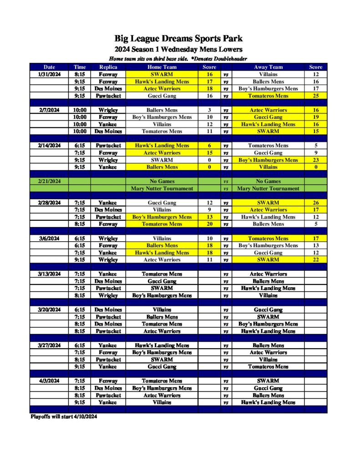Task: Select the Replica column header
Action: tap(108, 67)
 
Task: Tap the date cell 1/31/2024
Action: tap(49, 74)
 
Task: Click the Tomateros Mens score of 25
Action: tap(315, 96)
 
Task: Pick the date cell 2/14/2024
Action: tap(49, 146)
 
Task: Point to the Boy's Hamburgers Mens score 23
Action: tap(315, 160)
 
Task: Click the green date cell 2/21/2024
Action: tap(49, 181)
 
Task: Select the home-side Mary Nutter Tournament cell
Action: tap(162, 188)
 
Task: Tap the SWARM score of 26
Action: tap(315, 203)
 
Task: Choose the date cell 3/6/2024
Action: tap(49, 238)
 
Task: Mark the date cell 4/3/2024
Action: tap(49, 381)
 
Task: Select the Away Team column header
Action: tap(268, 67)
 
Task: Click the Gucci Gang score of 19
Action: tap(315, 117)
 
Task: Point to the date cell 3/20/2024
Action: tap(49, 310)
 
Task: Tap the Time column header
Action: tap(79, 67)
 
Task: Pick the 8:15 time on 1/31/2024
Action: tap(79, 74)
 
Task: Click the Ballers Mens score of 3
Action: tap(209, 110)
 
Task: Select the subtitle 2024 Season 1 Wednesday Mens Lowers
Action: tap(178, 49)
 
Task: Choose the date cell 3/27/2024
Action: tap(49, 345)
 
